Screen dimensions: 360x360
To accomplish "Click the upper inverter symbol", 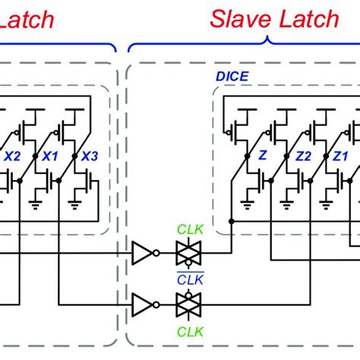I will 144,253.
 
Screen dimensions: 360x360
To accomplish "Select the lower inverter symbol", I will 144,303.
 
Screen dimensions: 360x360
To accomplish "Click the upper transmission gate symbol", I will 187,253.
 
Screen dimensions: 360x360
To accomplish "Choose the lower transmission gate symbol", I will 187,303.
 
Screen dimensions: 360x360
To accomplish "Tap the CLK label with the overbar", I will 187,279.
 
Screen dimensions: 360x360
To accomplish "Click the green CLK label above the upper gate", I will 187,229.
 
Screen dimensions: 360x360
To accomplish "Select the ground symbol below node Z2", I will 286,206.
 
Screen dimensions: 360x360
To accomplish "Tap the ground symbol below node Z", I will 248,206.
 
